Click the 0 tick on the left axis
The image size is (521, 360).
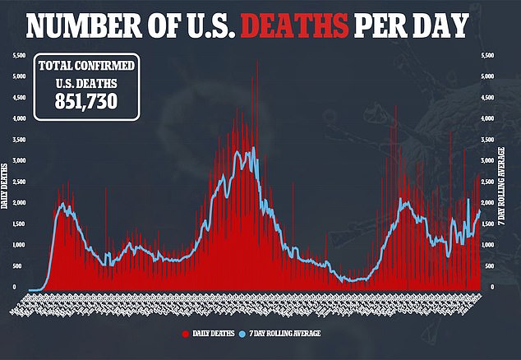pos(15,287)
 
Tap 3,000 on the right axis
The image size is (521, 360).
pos(486,160)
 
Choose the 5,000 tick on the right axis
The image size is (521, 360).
pos(486,76)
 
